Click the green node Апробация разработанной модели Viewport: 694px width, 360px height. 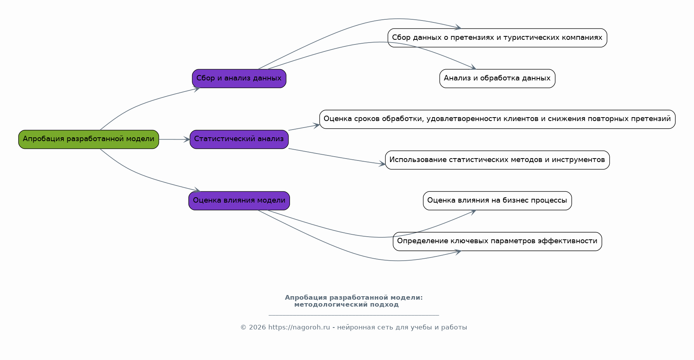pyautogui.click(x=89, y=139)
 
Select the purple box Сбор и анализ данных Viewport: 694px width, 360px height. pyautogui.click(x=239, y=78)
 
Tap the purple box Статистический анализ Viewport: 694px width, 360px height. pyautogui.click(x=239, y=139)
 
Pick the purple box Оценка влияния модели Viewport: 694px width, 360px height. pyautogui.click(x=239, y=201)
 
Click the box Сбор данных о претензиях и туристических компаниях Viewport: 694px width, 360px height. pyautogui.click(x=497, y=38)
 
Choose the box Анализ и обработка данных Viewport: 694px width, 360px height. pyautogui.click(x=497, y=78)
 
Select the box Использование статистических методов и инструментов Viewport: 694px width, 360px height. pyautogui.click(x=497, y=160)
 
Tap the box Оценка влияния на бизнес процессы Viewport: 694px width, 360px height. pyautogui.click(x=497, y=201)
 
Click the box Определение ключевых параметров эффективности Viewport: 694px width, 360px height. pyautogui.click(x=497, y=241)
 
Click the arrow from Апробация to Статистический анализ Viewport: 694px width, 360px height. pyautogui.click(x=174, y=139)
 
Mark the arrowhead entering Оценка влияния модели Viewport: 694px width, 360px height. pyautogui.click(x=197, y=190)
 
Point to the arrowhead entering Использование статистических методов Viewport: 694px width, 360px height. pyautogui.click(x=382, y=164)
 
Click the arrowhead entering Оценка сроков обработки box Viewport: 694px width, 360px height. pyautogui.click(x=317, y=125)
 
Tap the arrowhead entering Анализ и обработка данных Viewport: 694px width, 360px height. pyautogui.click(x=472, y=68)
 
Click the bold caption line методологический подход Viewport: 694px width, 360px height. pyautogui.click(x=346, y=305)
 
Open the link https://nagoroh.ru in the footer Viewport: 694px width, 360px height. pyautogui.click(x=299, y=328)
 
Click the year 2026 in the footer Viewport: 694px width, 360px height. pyautogui.click(x=257, y=328)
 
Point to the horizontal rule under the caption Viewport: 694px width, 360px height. pyautogui.click(x=354, y=315)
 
